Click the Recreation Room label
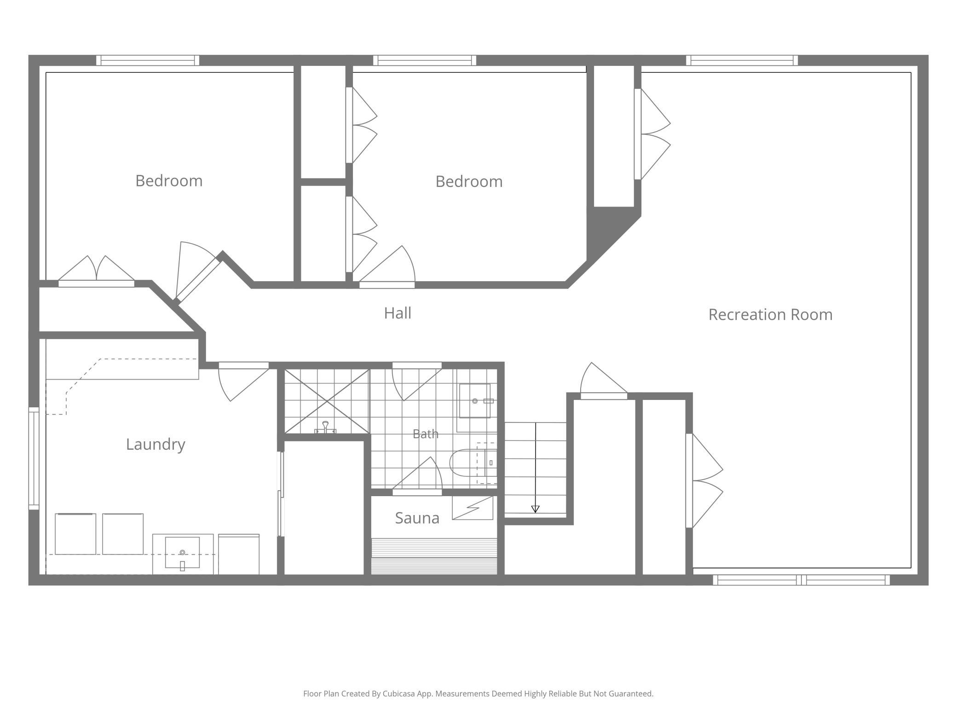click(770, 314)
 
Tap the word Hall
click(398, 313)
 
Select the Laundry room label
click(156, 444)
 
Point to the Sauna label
click(417, 518)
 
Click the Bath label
click(425, 434)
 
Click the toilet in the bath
click(473, 463)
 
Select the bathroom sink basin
click(475, 401)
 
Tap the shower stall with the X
click(327, 401)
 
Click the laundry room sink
click(182, 552)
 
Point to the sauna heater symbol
click(473, 508)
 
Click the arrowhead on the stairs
click(535, 509)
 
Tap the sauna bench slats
click(434, 556)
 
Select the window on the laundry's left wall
click(34, 458)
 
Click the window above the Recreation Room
click(742, 60)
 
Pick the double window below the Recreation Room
click(801, 580)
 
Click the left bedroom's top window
click(148, 60)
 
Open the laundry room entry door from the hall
click(243, 382)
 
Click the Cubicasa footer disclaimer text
click(478, 694)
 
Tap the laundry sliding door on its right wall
click(280, 494)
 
